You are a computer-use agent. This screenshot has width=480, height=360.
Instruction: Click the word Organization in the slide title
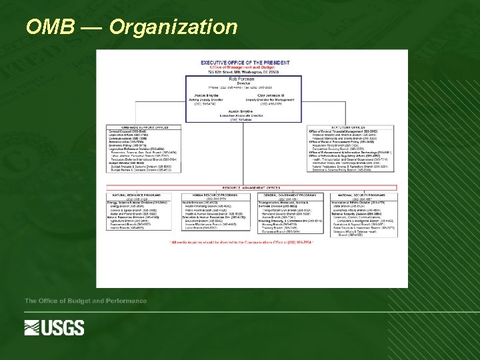[x=173, y=27]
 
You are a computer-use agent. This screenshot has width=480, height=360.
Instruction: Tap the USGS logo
[x=55, y=327]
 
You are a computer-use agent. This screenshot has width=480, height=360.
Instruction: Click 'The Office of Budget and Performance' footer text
[x=85, y=301]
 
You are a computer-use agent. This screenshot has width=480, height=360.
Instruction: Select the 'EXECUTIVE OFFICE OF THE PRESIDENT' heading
[x=245, y=63]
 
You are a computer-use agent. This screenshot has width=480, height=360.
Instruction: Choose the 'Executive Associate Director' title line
[x=245, y=115]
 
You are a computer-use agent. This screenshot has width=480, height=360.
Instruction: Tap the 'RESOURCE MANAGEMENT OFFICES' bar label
[x=251, y=188]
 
